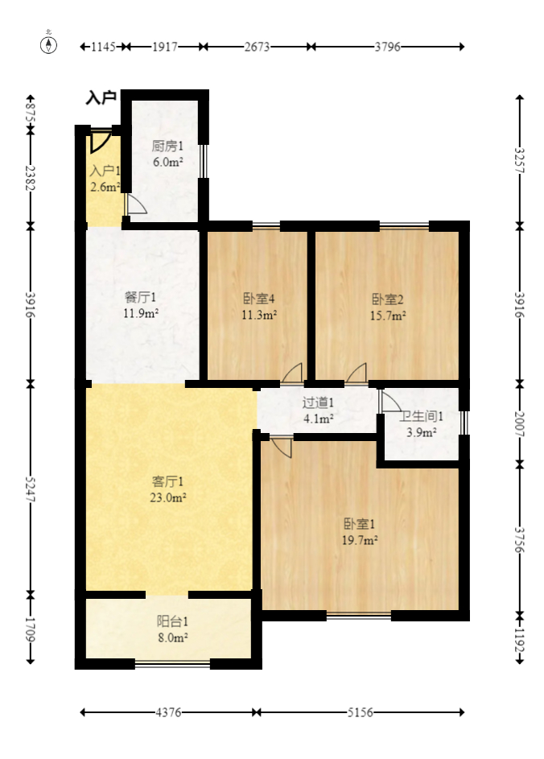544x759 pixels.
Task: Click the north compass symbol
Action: click(x=49, y=44)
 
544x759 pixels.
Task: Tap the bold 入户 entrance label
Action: click(x=101, y=99)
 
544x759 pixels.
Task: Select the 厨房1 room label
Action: click(x=168, y=146)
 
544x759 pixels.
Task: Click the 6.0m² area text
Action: click(x=168, y=162)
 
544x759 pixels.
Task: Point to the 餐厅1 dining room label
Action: click(x=142, y=298)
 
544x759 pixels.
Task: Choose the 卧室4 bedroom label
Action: click(x=259, y=299)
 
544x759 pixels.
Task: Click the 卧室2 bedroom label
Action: click(x=388, y=299)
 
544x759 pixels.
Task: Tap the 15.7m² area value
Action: click(x=388, y=316)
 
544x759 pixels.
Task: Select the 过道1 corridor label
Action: click(x=318, y=402)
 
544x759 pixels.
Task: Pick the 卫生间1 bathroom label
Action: click(x=422, y=416)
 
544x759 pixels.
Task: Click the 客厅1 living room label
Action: click(x=169, y=481)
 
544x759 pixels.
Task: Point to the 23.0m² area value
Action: click(x=169, y=498)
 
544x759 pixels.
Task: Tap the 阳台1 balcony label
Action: click(x=172, y=621)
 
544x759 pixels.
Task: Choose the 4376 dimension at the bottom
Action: click(x=168, y=712)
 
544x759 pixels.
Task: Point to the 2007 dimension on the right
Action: click(x=519, y=424)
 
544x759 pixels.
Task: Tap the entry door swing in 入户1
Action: click(x=99, y=141)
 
